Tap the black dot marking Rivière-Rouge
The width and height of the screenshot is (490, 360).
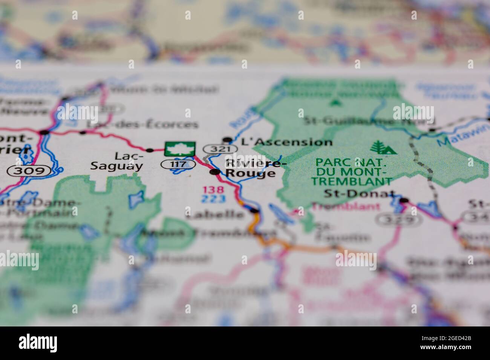[215, 172]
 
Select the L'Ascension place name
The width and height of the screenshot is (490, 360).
[287, 142]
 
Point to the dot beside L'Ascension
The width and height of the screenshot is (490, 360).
[227, 140]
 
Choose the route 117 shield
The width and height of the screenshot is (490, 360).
[178, 164]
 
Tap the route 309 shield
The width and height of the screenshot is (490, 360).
[30, 171]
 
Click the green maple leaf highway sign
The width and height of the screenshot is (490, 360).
[180, 149]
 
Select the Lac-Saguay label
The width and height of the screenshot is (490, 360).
[116, 161]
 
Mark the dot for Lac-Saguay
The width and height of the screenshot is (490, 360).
[150, 150]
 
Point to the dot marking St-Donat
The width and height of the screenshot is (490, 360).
[404, 200]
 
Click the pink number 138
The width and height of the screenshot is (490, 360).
[213, 190]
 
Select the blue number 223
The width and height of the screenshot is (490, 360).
[213, 199]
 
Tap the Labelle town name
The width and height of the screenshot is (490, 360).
[215, 214]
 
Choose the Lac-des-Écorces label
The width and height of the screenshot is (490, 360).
[142, 124]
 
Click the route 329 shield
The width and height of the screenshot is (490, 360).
[400, 220]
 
